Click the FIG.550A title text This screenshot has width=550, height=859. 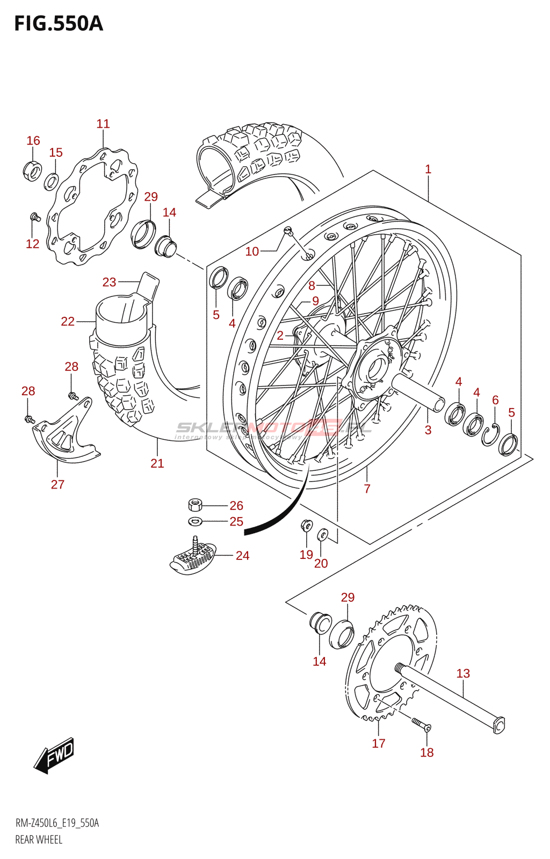(58, 24)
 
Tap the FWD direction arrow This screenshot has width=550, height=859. (54, 756)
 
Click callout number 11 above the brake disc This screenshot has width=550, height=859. (103, 124)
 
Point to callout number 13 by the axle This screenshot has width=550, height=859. (463, 673)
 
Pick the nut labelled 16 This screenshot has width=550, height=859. (32, 171)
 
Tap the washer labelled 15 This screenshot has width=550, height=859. (52, 181)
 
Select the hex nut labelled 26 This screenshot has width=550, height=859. (195, 505)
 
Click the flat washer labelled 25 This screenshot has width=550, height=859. (194, 521)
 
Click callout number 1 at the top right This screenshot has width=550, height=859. (428, 169)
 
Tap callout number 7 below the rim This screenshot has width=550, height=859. (367, 489)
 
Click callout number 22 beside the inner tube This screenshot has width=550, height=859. (68, 321)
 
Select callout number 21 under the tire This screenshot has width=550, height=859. (157, 463)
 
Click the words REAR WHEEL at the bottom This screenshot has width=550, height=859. (39, 840)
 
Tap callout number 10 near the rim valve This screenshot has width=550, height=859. (252, 251)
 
